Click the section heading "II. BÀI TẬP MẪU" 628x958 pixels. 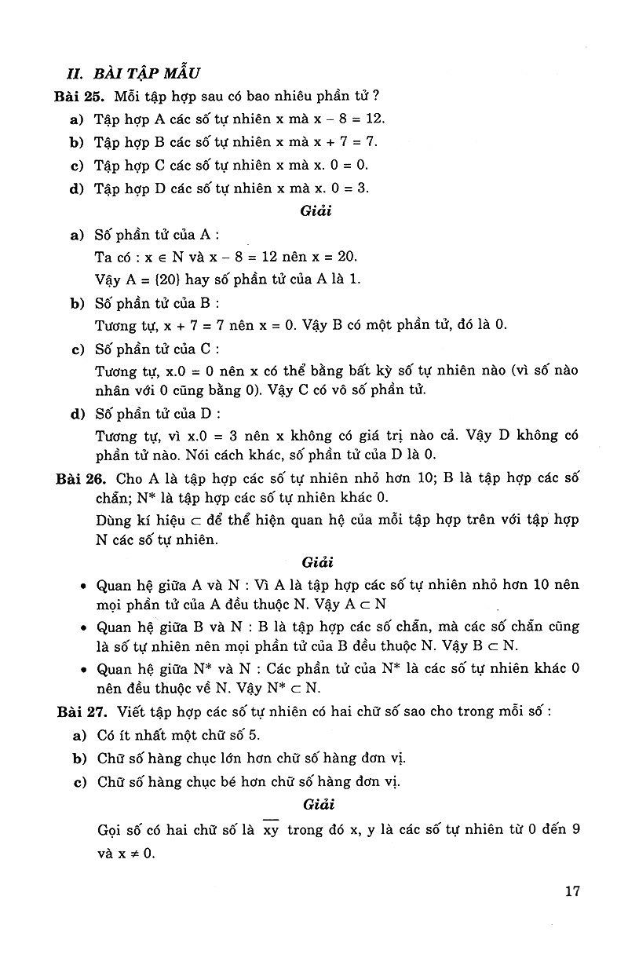133,73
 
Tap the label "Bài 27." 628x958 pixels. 80,711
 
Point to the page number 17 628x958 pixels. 571,890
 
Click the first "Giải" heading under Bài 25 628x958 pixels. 316,211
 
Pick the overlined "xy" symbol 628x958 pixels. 271,830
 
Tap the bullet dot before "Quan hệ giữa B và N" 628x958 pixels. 83,627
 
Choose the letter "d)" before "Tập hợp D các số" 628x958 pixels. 76,188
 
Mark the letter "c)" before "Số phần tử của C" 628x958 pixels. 77,349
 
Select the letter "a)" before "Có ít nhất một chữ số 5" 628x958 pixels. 77,735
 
